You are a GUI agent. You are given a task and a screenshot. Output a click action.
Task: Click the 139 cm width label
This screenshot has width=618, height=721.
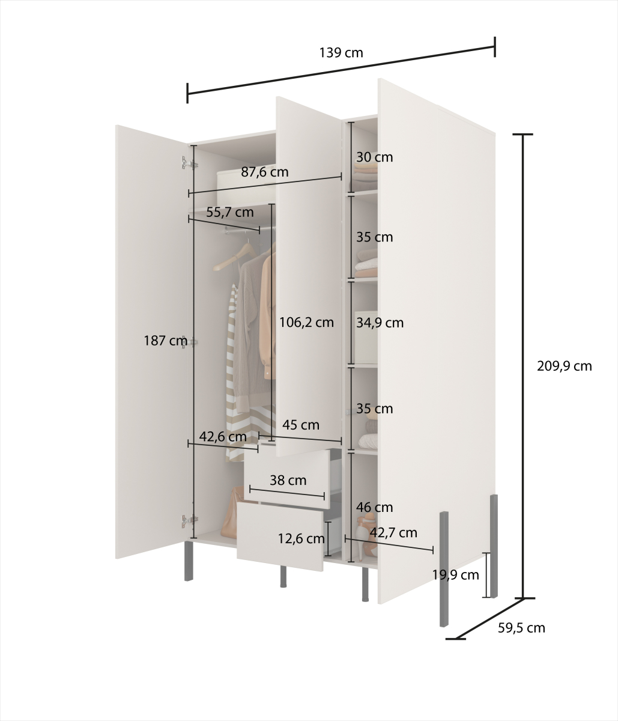coord(341,53)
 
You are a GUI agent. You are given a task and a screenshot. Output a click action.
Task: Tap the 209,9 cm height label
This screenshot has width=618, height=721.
coord(565,367)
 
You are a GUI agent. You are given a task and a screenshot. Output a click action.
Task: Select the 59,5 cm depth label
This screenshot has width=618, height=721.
coord(521,628)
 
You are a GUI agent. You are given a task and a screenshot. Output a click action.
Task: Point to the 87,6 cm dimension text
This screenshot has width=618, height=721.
coord(265,172)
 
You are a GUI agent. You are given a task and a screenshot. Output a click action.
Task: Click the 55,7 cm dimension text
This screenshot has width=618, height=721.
coord(230,212)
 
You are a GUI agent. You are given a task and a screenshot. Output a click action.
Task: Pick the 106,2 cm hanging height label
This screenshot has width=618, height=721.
coord(306,322)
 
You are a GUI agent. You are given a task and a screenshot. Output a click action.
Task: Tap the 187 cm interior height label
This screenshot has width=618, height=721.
coord(166,341)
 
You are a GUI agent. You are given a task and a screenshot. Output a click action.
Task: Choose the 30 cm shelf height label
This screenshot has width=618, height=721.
coord(375,157)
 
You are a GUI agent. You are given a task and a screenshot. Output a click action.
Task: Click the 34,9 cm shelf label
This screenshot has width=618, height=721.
coord(380,323)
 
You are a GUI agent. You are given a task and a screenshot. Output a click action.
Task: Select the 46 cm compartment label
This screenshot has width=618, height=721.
coord(375,507)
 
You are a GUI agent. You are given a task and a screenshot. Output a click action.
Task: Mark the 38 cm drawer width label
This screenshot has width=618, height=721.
coord(288,480)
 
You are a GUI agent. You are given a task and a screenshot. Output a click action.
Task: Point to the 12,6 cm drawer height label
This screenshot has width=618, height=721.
coord(301,538)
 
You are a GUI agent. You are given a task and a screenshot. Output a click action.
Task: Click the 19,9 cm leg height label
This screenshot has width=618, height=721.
coord(455,574)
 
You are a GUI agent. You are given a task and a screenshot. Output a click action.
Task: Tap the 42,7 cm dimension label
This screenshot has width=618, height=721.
coord(393,533)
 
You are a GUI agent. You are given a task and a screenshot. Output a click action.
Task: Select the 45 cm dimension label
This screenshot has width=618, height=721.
coord(301,425)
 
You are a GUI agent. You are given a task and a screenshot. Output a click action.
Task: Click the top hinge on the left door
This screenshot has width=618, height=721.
coord(189,163)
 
